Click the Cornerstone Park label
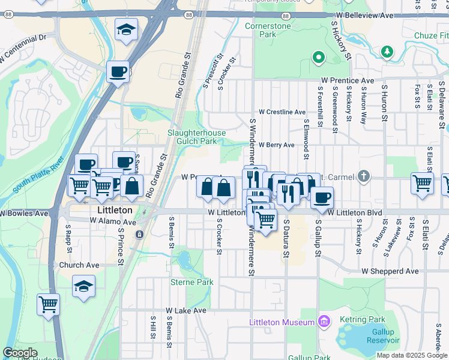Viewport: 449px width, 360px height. coord(268,30)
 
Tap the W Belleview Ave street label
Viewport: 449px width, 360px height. coord(364,14)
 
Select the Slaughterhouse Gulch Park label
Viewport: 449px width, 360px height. coord(200,137)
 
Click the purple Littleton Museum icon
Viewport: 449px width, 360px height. coord(324,322)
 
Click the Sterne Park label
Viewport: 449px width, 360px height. coord(191,282)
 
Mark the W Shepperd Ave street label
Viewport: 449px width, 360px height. coord(390,271)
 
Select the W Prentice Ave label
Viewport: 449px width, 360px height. coord(348,80)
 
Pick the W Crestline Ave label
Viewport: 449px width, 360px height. coord(282,112)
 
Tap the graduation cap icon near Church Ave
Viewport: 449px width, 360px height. coord(83,287)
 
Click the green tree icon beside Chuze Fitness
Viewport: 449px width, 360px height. coord(387,51)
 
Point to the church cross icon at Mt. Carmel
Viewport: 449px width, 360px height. coord(363,176)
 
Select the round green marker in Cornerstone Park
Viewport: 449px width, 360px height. coord(318,58)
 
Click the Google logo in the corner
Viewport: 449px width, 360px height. coord(20,353)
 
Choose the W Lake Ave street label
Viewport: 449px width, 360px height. coord(186,311)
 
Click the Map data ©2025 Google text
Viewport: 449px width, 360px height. coord(412,355)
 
